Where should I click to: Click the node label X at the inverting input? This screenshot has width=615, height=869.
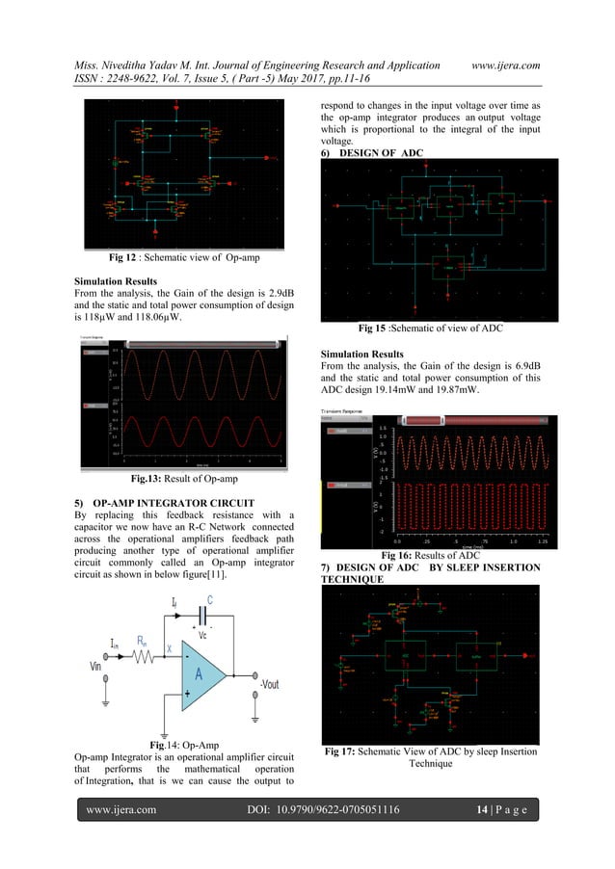(x=167, y=648)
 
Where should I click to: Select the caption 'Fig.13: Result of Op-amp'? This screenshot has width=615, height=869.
(x=182, y=476)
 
